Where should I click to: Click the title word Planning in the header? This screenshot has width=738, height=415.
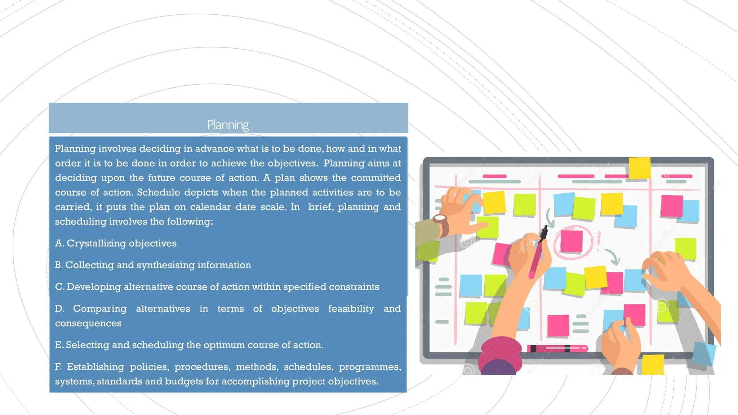pos(228,125)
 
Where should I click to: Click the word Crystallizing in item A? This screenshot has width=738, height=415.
pos(96,244)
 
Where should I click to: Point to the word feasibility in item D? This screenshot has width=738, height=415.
pos(351,309)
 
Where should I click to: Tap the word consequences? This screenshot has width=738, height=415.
pos(88,323)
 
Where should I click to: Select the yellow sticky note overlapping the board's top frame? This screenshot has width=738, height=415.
pos(640,168)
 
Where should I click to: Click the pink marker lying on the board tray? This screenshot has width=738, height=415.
pos(557,348)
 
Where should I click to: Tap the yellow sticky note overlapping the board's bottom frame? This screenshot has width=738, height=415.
pos(653,364)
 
